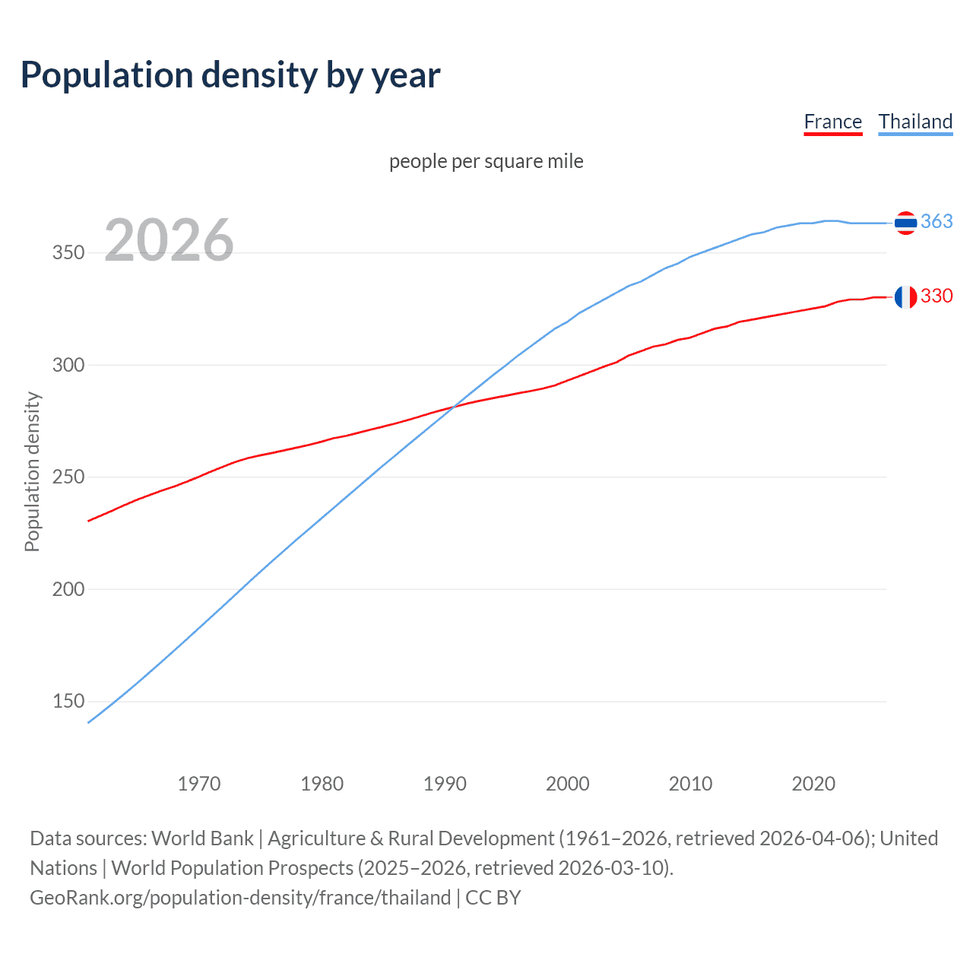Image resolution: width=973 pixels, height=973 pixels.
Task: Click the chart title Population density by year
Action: point(230,75)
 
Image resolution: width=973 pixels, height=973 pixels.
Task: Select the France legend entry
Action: point(832,122)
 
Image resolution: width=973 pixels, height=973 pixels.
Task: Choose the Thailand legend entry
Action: point(915,122)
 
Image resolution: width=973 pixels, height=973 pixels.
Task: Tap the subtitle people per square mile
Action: point(486,161)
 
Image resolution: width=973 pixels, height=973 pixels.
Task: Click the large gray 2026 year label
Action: point(169,240)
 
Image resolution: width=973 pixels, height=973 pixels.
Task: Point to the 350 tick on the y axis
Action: point(68,253)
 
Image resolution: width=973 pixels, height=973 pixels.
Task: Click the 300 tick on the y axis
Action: point(68,365)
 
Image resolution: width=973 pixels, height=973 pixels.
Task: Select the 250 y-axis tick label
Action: point(68,477)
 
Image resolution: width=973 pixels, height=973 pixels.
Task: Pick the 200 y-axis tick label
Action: point(68,589)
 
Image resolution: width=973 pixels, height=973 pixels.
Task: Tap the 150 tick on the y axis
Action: point(68,702)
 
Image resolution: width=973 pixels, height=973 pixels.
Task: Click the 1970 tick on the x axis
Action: point(199,784)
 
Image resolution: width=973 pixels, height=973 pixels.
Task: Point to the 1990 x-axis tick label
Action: point(445,784)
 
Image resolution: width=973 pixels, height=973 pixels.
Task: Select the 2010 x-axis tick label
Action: point(690,784)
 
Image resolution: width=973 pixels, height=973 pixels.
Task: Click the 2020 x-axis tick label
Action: point(813,784)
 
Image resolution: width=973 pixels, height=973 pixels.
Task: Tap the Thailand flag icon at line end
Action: point(905,223)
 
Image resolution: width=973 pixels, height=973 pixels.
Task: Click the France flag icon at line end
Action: point(905,297)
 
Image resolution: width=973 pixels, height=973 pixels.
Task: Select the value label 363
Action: point(937,221)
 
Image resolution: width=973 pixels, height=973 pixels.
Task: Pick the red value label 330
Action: point(937,296)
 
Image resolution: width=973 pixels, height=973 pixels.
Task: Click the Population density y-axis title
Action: point(32,471)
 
